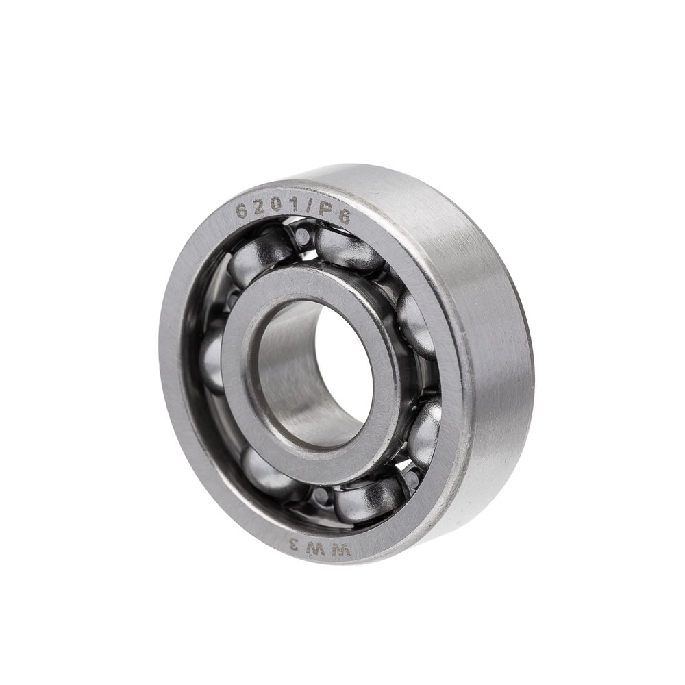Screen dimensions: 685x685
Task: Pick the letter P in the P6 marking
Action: [x=325, y=213]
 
